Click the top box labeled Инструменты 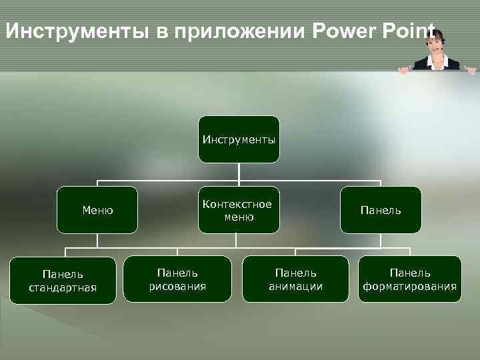[x=239, y=139]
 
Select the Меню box [x=97, y=210]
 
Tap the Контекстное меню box [x=239, y=210]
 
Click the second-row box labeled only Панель [x=381, y=210]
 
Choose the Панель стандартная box [x=63, y=281]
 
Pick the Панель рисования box [x=177, y=279]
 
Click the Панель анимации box [x=296, y=279]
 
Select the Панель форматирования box [x=409, y=279]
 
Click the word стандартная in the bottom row [x=63, y=288]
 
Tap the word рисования [x=177, y=287]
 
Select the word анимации [x=296, y=287]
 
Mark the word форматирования [x=409, y=287]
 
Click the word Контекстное [x=239, y=204]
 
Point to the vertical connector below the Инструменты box [x=239, y=171]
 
